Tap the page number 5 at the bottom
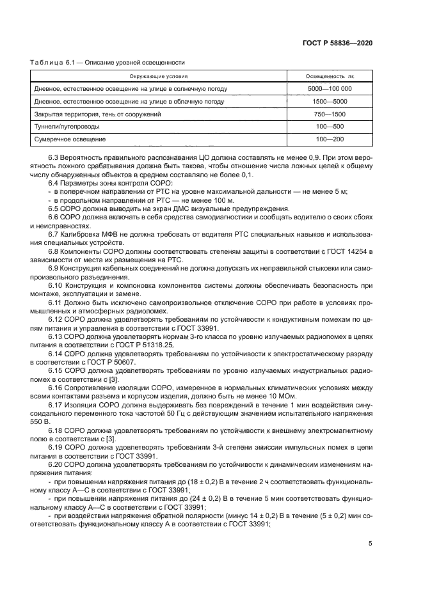tap(371, 544)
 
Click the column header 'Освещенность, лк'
tap(330, 77)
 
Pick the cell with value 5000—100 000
tap(330, 89)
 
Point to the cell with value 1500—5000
tap(330, 102)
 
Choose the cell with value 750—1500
tap(330, 114)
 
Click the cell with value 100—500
tap(330, 127)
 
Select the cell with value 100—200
tap(330, 139)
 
